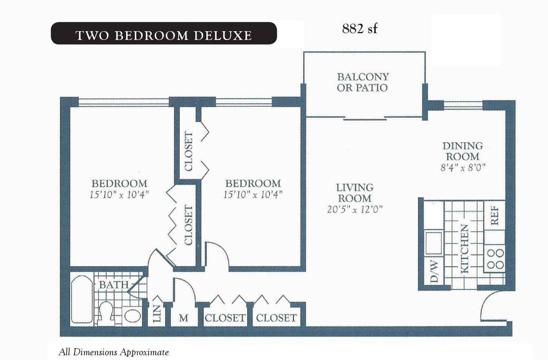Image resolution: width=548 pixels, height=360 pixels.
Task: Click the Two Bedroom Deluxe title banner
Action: pos(164,33)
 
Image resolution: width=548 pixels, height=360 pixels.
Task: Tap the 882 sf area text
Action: pos(360,28)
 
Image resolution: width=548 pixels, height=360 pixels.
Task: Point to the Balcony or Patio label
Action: pos(363,82)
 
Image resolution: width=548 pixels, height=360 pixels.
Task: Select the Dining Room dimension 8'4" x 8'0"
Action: pos(463,168)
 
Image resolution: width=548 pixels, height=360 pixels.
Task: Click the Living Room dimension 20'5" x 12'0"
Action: pos(355,209)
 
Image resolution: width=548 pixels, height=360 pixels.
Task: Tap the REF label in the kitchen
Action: pos(495,216)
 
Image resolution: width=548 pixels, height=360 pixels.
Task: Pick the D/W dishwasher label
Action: pos(434,271)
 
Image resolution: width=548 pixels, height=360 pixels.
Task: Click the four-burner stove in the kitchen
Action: pos(495,258)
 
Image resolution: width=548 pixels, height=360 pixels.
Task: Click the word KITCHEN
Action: pos(464,249)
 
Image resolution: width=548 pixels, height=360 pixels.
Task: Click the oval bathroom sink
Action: pos(132,316)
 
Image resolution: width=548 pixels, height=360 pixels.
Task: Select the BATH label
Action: pos(114,285)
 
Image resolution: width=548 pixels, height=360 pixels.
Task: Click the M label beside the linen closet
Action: pos(183,318)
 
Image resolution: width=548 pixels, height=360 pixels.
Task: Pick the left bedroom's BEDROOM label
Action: pos(119,183)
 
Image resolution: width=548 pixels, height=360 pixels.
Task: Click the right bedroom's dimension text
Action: pos(253,195)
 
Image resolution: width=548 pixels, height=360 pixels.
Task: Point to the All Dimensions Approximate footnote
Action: pos(114,352)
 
